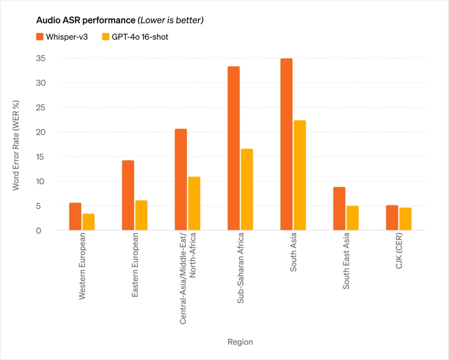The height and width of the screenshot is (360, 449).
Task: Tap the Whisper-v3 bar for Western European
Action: click(75, 217)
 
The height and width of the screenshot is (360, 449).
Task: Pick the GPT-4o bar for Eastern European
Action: click(141, 215)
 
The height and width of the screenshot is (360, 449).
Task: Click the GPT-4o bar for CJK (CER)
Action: click(405, 219)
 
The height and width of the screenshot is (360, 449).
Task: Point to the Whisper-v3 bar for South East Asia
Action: click(339, 209)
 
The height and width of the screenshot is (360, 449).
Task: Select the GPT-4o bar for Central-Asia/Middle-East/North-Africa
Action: click(194, 204)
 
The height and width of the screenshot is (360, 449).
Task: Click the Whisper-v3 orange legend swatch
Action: click(40, 37)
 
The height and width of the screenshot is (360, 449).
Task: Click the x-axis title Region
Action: click(240, 342)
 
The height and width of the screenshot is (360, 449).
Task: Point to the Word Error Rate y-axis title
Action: click(16, 145)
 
